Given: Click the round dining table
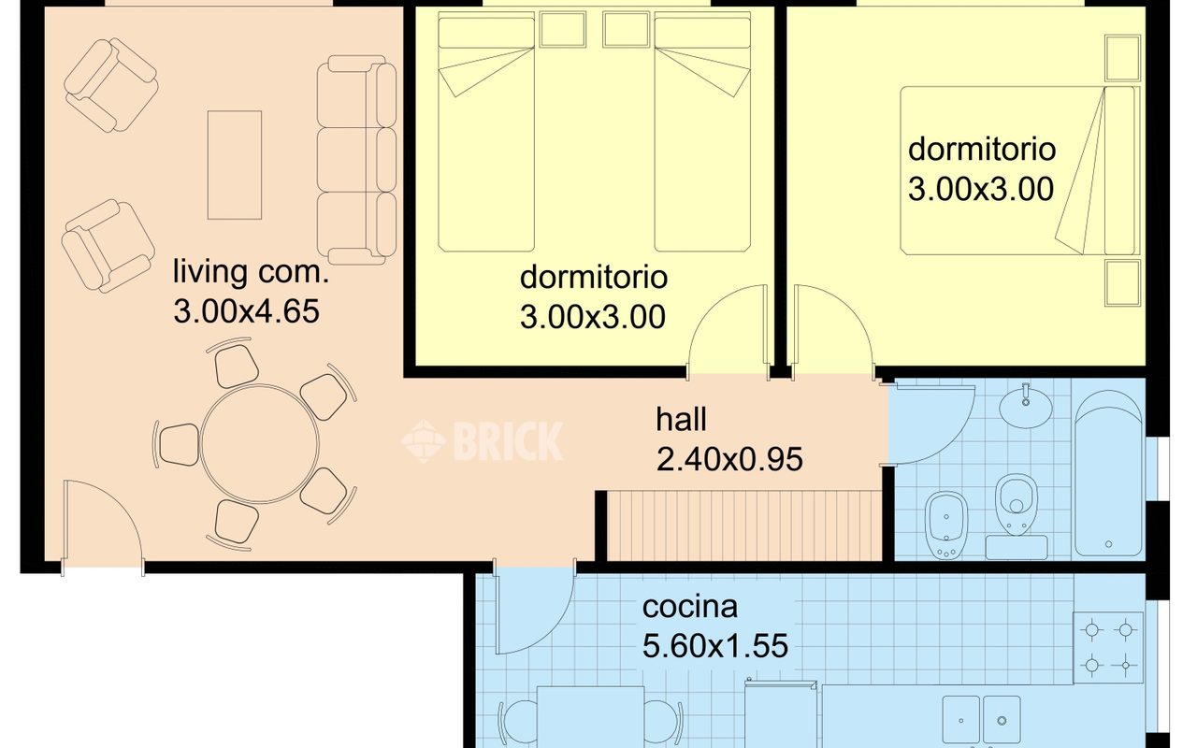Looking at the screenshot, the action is pyautogui.click(x=260, y=443).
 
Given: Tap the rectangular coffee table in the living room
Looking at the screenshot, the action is pyautogui.click(x=235, y=165).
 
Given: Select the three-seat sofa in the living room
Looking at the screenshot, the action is pyautogui.click(x=356, y=159).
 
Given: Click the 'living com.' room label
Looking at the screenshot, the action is pyautogui.click(x=251, y=272).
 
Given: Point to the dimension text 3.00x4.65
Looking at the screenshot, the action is pyautogui.click(x=246, y=311).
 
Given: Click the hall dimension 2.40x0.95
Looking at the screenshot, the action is pyautogui.click(x=729, y=459).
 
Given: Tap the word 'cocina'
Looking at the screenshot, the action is pyautogui.click(x=690, y=607).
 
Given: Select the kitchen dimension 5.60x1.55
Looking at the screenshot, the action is pyautogui.click(x=715, y=646).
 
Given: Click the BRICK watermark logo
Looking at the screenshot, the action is pyautogui.click(x=482, y=440).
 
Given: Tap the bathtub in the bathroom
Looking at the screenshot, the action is pyautogui.click(x=1108, y=473).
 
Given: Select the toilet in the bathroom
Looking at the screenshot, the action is pyautogui.click(x=1016, y=503).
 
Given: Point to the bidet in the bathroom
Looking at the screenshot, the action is pyautogui.click(x=946, y=525).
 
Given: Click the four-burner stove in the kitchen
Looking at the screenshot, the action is pyautogui.click(x=1108, y=648).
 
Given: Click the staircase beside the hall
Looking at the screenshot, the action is pyautogui.click(x=744, y=525).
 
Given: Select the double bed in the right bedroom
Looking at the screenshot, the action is pyautogui.click(x=1020, y=170).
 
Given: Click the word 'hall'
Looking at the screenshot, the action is pyautogui.click(x=682, y=420).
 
